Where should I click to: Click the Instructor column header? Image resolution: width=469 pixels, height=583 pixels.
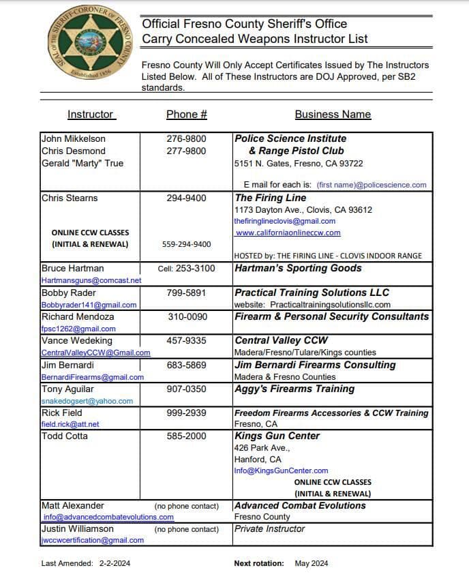[91, 115]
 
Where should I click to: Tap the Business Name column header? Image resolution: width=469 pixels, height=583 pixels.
[333, 115]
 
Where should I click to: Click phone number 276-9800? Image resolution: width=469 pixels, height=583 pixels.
[186, 139]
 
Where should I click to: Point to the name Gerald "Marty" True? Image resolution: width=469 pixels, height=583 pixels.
[82, 164]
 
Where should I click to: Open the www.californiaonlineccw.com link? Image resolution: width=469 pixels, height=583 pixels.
[287, 233]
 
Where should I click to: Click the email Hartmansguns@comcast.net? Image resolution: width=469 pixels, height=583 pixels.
[91, 280]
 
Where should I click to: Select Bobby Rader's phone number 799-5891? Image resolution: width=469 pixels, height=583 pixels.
[186, 293]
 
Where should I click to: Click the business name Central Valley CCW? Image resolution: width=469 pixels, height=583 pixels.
[281, 340]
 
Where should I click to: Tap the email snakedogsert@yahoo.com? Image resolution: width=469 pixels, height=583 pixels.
[87, 401]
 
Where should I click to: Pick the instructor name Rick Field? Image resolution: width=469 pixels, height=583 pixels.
[62, 413]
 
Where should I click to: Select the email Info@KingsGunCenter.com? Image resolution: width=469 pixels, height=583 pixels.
[281, 470]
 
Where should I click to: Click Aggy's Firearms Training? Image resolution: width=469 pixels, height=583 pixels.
[294, 389]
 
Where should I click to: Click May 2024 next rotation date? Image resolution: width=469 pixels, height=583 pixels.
[312, 563]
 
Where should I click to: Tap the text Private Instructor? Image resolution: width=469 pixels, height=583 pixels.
[269, 528]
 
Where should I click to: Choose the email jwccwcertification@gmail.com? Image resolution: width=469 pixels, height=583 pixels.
[93, 540]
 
